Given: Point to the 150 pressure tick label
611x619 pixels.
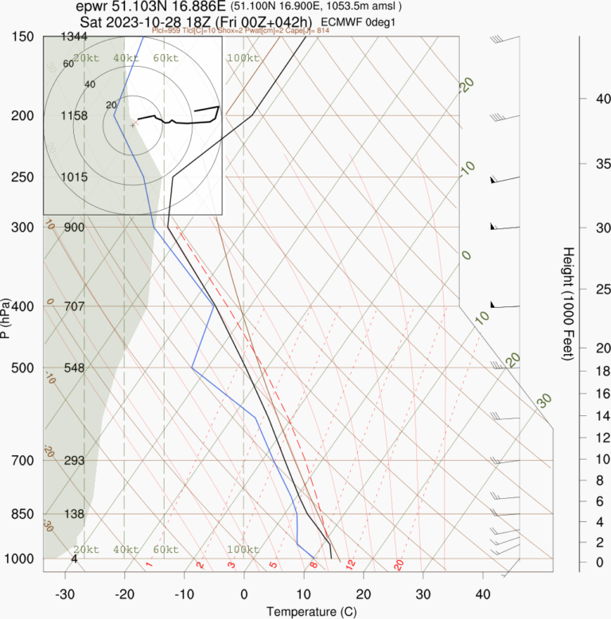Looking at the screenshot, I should [23, 37].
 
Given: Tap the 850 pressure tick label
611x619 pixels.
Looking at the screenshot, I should [23, 514].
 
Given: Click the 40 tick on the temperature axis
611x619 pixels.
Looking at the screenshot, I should [483, 594].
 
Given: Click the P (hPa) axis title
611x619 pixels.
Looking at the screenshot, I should [6, 318].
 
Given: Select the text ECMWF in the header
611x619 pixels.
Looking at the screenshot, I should [344, 21].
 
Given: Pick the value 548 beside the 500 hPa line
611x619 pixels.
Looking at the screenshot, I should [73, 368].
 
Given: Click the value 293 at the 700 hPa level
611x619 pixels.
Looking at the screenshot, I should [73, 461].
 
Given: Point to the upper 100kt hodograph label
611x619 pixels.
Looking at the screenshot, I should [243, 58].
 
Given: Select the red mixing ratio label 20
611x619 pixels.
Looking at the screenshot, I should [399, 565].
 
